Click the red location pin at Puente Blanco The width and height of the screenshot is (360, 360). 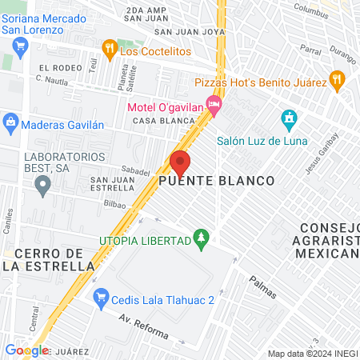[180, 162]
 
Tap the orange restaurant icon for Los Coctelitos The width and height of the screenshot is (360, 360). [110, 50]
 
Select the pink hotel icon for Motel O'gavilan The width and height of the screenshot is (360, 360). [213, 104]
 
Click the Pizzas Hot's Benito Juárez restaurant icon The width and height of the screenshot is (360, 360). [337, 81]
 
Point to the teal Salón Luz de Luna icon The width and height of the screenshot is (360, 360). [289, 121]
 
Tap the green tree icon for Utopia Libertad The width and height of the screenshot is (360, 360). [202, 239]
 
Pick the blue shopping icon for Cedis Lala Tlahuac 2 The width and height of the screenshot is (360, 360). [101, 299]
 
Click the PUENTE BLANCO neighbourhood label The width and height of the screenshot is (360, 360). [216, 182]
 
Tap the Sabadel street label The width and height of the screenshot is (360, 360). [135, 171]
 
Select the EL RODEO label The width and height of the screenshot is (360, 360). [55, 69]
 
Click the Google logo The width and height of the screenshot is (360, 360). [26, 350]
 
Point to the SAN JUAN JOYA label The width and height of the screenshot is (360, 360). [190, 33]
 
